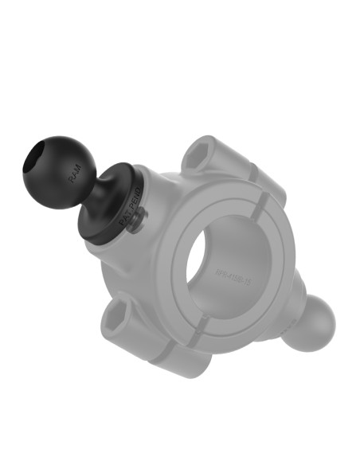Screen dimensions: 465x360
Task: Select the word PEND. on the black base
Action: tap(135, 199)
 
